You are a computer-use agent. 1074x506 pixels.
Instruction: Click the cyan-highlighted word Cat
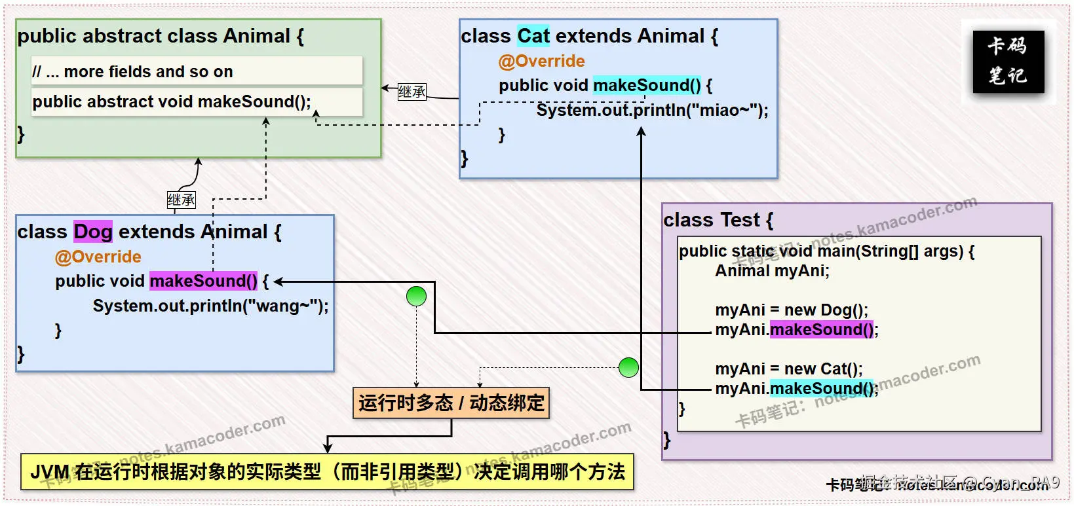click(x=533, y=36)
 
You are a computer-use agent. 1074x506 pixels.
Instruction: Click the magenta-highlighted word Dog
click(x=92, y=232)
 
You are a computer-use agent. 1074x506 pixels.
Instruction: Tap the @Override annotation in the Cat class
click(x=541, y=61)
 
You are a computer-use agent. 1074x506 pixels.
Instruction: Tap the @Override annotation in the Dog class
click(x=98, y=257)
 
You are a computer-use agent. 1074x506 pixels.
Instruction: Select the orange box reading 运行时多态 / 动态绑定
click(x=451, y=403)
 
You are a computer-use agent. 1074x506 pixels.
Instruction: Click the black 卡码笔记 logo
click(x=1008, y=62)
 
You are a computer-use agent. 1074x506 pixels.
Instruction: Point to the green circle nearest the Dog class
click(x=416, y=297)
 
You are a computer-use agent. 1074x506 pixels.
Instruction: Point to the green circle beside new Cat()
click(x=628, y=367)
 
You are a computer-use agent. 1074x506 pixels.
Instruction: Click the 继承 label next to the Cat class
click(x=412, y=92)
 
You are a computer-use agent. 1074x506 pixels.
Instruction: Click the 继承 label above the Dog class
click(x=181, y=200)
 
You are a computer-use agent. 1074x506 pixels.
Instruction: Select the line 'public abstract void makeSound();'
click(x=172, y=101)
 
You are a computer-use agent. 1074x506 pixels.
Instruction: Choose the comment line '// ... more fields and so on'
click(x=132, y=71)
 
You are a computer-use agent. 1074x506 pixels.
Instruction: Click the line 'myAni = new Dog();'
click(x=791, y=310)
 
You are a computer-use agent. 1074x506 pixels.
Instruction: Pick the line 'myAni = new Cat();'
click(x=788, y=369)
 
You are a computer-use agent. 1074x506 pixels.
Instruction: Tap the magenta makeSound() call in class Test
click(x=822, y=329)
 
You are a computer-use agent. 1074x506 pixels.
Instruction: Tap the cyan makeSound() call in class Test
click(x=822, y=388)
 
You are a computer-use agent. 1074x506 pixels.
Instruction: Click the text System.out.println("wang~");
click(x=210, y=306)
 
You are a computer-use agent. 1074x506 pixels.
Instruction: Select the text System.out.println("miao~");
click(x=652, y=110)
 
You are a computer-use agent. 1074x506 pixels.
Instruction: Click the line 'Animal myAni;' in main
click(x=772, y=270)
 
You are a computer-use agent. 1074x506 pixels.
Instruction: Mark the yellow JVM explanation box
click(x=327, y=471)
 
